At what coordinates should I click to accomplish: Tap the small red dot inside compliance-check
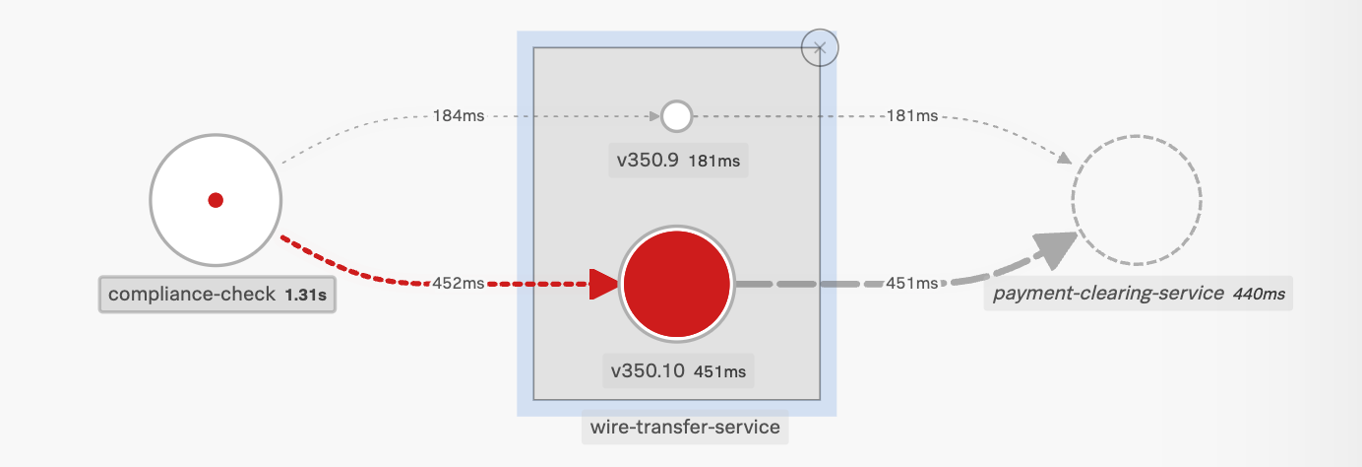pos(216,200)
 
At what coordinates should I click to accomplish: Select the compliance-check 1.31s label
pos(217,294)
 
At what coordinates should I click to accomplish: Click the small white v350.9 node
pos(676,116)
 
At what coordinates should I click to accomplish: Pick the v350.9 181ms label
pos(678,161)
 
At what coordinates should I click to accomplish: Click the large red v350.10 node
pos(677,284)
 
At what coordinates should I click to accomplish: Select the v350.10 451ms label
pos(678,371)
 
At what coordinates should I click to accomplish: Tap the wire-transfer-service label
pos(684,428)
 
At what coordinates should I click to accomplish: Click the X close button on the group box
pos(820,46)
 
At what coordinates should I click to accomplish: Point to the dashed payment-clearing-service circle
pos(1137,201)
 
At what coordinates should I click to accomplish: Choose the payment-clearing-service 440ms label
pos(1137,293)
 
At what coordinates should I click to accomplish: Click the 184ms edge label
pos(459,116)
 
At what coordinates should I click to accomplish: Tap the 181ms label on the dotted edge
pos(912,116)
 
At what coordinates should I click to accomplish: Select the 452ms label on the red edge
pos(459,284)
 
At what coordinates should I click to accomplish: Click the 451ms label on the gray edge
pos(912,284)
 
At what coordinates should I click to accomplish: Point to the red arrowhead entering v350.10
pos(602,284)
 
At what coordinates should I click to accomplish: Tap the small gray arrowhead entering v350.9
pos(653,116)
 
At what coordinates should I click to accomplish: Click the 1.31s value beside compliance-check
pos(306,295)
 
